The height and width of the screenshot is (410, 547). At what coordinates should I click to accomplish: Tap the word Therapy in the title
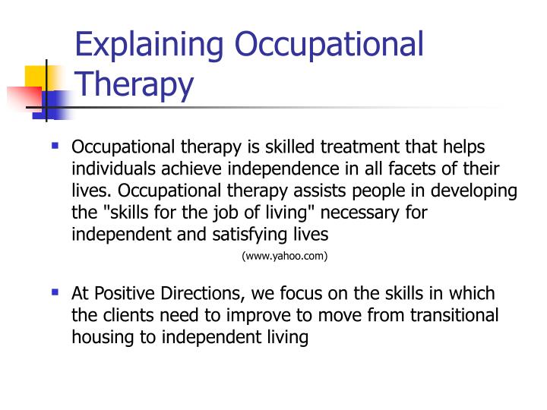click(134, 84)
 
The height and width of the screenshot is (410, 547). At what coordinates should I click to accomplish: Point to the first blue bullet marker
click(55, 143)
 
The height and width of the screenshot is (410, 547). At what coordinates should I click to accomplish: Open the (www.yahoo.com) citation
click(284, 257)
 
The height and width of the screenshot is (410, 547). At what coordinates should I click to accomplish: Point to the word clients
click(129, 315)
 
